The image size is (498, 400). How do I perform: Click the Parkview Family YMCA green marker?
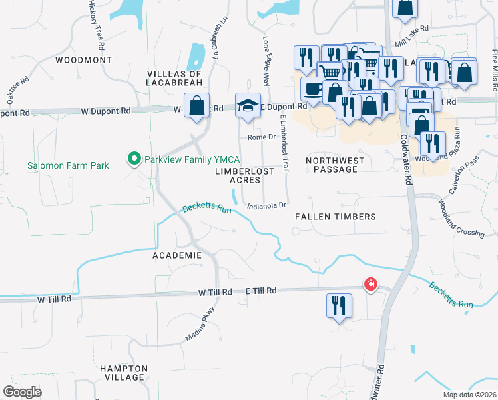pos(134,159)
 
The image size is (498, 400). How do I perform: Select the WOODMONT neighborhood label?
pos(83,59)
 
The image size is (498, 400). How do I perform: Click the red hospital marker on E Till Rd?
pos(370,285)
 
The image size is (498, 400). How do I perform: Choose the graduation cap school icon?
pos(248,105)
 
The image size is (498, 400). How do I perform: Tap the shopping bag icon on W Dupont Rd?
pos(197,105)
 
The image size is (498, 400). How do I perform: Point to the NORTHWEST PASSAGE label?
pos(335,165)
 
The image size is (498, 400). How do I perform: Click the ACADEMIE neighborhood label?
pos(176,255)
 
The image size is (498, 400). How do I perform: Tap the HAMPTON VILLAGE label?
pos(124,373)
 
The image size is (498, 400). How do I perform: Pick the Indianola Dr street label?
pos(266,206)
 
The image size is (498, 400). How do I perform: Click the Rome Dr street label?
pos(261,137)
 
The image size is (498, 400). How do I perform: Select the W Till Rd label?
pos(54,299)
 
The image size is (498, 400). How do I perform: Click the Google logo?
pos(23,392)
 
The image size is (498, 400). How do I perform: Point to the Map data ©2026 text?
pos(469,395)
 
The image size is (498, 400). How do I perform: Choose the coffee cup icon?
pos(312,89)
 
